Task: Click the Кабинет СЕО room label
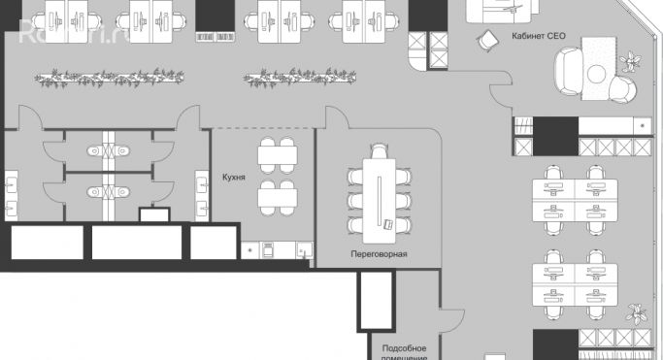(538, 36)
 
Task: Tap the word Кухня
(233, 179)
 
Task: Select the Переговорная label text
(379, 254)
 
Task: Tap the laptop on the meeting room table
(386, 223)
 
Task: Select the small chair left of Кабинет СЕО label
(485, 40)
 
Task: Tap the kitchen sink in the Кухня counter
(304, 251)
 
